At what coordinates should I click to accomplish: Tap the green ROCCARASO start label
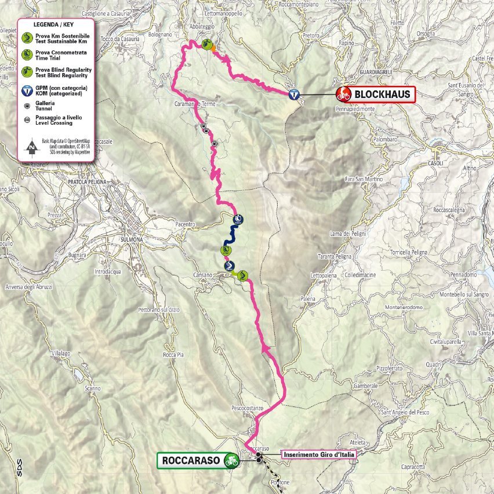pos(191,461)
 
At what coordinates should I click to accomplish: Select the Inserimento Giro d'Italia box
pos(318,454)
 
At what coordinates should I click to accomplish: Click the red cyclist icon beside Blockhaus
pos(344,94)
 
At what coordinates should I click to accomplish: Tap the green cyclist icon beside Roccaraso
pos(232,461)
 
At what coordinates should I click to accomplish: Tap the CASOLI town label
pos(435,163)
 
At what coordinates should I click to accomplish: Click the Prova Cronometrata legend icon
pos(27,55)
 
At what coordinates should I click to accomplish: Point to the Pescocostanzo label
pos(248,408)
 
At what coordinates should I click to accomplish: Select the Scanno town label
pos(93,388)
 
